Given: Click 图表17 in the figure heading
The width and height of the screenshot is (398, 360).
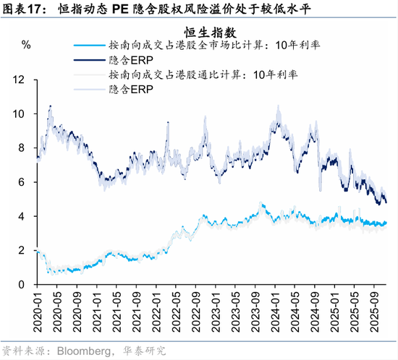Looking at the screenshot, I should pos(25,10).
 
